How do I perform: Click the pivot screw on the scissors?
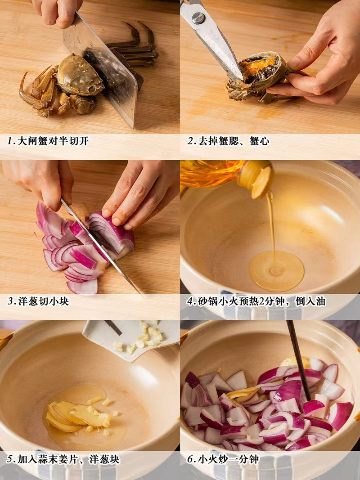tap(198, 18)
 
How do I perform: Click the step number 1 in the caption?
tap(10, 141)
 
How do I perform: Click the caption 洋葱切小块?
tap(43, 301)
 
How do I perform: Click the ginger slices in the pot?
tap(72, 414)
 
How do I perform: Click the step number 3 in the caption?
tap(10, 301)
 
